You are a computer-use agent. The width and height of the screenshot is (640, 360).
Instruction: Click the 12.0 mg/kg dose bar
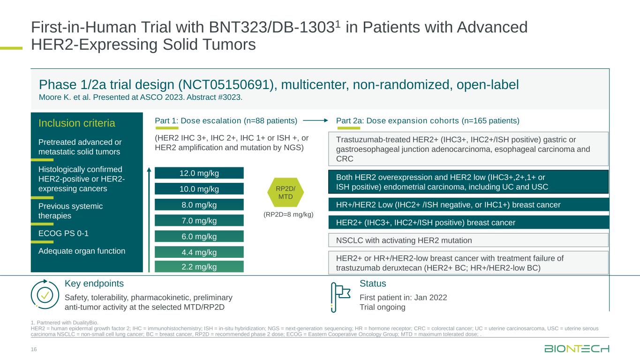click(199, 173)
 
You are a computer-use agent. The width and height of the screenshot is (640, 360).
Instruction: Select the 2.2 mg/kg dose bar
click(199, 267)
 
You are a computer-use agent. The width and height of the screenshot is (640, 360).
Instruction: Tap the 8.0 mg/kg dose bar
click(199, 205)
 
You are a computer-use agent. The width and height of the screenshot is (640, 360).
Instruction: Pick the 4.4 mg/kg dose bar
click(199, 252)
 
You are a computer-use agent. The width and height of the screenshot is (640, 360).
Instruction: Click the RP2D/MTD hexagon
click(286, 193)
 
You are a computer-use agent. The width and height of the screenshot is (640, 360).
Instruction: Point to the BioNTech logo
click(577, 349)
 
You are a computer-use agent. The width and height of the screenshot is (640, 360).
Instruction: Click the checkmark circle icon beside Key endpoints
click(45, 294)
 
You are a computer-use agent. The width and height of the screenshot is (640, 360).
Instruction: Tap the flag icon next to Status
click(340, 297)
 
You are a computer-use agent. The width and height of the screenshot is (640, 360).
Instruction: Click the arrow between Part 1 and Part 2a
click(316, 120)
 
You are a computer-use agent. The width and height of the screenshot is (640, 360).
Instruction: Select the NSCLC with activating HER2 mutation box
click(468, 240)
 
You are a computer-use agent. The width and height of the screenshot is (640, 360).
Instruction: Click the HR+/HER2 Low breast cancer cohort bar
click(468, 205)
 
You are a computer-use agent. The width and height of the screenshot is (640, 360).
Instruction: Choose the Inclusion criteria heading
click(76, 123)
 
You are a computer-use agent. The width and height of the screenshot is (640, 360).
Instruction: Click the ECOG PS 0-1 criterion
click(63, 233)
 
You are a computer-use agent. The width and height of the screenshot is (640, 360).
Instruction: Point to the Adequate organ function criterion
click(82, 251)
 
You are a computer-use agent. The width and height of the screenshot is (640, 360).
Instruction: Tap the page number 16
click(34, 349)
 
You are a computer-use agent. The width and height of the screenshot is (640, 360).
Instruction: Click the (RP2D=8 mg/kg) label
click(288, 215)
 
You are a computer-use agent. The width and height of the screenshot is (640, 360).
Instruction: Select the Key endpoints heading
click(94, 284)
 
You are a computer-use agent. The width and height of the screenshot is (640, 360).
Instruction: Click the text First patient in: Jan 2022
click(403, 298)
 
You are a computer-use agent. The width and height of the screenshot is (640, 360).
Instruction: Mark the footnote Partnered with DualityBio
click(65, 322)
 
